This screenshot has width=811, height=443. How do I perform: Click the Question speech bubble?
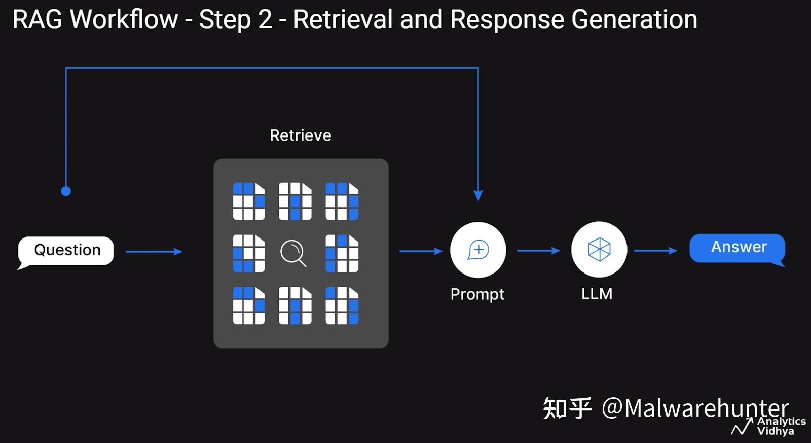pos(65,251)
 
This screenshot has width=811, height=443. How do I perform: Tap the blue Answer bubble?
pos(738,249)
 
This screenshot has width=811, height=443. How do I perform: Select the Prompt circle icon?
pos(478,250)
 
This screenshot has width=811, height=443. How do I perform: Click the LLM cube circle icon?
pos(599,250)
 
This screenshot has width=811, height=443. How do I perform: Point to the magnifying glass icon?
pos(293,253)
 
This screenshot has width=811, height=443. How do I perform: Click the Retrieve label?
pos(301,135)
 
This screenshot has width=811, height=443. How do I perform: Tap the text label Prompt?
pos(477,294)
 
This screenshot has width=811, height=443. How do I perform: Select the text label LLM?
pos(597,294)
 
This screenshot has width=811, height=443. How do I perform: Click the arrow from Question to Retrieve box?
pos(154,251)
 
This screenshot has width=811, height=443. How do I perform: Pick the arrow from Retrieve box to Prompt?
pos(421,251)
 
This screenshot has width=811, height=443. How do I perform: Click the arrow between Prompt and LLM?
pos(539,251)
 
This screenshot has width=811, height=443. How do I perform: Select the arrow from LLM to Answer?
pos(656,251)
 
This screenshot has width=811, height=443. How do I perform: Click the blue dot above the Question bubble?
pos(66,191)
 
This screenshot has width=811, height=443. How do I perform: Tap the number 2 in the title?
pos(265,20)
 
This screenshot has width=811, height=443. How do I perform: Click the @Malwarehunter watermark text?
pos(695,408)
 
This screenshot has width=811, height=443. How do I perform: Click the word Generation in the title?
pos(634,20)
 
